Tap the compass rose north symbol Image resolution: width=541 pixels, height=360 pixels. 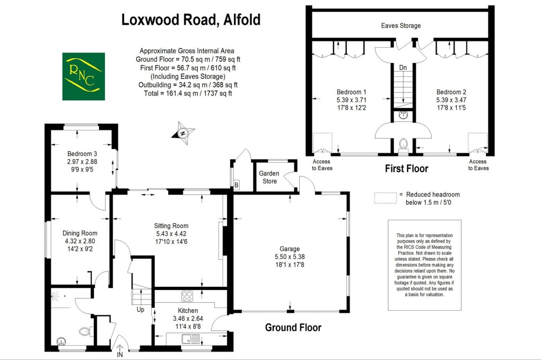pos(183,133)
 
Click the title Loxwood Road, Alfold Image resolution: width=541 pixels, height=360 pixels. pos(191,20)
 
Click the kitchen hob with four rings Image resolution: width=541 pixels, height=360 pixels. pos(187,296)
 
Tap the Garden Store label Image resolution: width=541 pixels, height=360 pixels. pos(268,177)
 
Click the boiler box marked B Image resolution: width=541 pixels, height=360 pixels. pos(236,185)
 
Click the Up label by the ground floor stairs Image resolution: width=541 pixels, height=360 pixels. pos(141,309)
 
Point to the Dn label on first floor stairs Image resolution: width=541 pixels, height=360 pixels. pos(403,68)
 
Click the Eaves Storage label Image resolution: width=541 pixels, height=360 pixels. pos(401,25)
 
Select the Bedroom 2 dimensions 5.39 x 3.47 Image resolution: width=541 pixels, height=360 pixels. pos(451,99)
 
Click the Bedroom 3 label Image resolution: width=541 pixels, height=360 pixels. pos(82,154)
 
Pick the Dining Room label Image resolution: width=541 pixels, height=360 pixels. pos(80,233)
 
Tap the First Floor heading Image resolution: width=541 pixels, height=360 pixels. pos(406,169)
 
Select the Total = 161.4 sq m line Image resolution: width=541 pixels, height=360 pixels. pos(187,93)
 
